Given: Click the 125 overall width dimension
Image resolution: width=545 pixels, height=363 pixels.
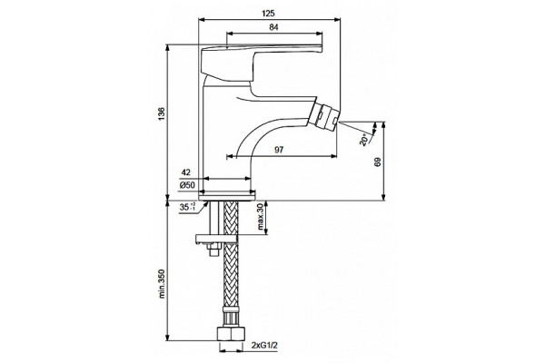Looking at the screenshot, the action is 268,14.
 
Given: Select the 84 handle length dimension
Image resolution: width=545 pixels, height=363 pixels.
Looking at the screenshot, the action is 273,27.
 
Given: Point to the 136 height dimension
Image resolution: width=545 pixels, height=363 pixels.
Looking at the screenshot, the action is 162,114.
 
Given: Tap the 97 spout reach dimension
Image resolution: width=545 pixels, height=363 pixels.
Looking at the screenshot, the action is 279,150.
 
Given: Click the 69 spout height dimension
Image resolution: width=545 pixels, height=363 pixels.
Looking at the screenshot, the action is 378,162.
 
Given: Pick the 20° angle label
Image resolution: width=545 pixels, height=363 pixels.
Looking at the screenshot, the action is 364,140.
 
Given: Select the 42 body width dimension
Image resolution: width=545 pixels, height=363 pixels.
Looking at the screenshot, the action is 186,172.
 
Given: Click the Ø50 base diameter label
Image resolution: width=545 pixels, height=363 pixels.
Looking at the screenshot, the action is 187,185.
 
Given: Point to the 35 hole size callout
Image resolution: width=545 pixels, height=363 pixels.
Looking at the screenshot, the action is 188,208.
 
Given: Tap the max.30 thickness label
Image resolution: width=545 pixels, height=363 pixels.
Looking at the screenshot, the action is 261,217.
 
